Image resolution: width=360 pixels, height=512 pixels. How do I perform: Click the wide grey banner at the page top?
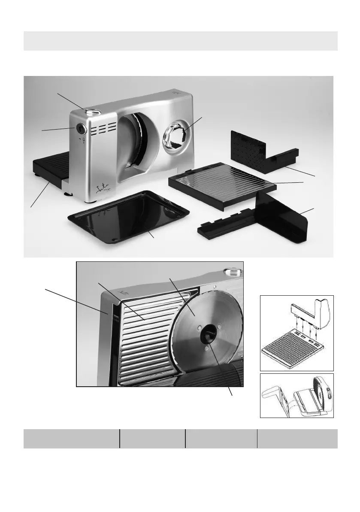point(180,41)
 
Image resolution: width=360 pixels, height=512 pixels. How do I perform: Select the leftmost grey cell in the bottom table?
point(71,438)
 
